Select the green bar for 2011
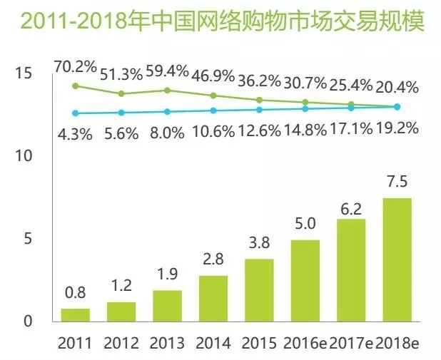75,314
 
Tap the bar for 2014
213,297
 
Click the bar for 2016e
305,280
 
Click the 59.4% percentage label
166,71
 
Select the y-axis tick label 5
27,238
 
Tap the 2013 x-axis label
166,344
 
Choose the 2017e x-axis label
351,344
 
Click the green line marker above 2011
75,86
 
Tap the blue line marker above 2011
75,113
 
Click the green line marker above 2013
167,90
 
